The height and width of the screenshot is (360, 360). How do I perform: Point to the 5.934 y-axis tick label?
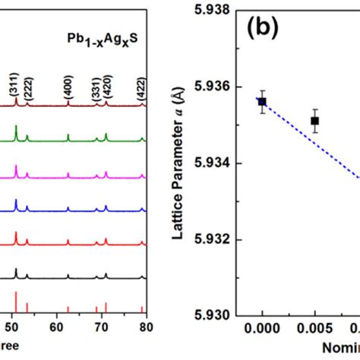(218, 163)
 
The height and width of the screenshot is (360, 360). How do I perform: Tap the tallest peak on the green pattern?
(16, 128)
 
